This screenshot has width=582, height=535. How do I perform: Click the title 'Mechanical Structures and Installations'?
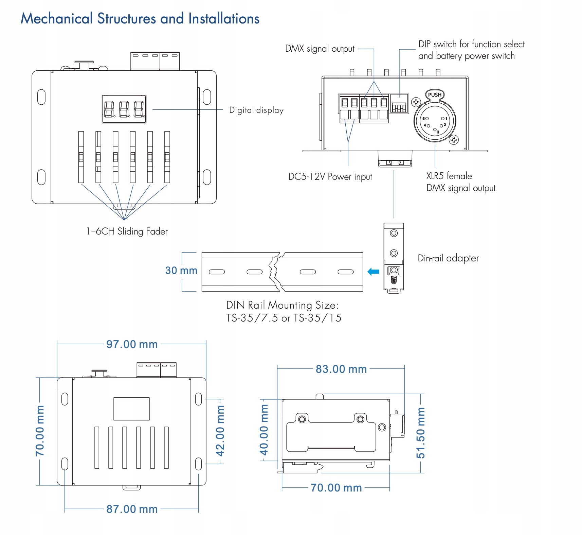[140, 18]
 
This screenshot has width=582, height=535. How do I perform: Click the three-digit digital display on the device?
[124, 109]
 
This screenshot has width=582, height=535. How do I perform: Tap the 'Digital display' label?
[256, 110]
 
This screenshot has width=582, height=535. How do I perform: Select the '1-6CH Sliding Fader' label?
[127, 231]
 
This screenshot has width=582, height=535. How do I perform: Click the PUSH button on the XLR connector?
[435, 95]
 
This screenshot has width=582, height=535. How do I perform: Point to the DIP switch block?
[399, 104]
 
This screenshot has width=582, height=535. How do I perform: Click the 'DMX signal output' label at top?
[320, 49]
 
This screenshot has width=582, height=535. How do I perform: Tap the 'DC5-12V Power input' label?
[330, 177]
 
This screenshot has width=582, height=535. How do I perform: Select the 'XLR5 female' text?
[449, 176]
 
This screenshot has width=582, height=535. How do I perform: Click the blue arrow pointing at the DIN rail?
[374, 272]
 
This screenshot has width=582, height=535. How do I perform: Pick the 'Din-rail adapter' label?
[448, 258]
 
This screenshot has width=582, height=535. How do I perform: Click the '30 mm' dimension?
[181, 271]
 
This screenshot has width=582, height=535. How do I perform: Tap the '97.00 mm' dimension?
[132, 344]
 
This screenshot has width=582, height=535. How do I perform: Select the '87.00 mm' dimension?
[132, 509]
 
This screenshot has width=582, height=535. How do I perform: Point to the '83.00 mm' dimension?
[341, 369]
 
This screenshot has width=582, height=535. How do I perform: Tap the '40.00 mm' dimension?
[264, 430]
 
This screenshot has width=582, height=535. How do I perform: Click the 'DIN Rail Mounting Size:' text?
[283, 305]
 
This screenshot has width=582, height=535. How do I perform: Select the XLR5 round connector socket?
[435, 121]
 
